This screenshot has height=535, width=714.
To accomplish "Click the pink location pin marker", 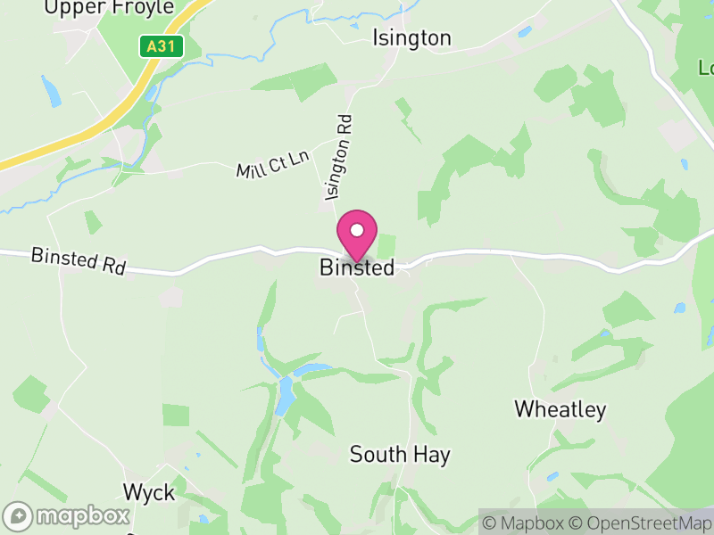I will coord(357,235).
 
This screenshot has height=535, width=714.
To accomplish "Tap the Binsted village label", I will coord(357,267).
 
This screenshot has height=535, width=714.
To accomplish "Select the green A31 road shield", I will coord(162,46).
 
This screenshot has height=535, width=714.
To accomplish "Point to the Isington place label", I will coord(411,38).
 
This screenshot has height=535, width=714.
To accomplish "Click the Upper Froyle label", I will coord(110,8).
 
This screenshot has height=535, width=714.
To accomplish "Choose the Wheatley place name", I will coord(560,410).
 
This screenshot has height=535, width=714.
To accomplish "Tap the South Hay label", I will coord(400,455).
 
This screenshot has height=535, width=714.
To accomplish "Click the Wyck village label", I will coord(149,492).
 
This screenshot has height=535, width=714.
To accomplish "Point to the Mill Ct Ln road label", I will coord(272,164).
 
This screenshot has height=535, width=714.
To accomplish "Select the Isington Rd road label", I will coord(339,156).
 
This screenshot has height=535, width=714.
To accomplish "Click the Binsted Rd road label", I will coord(79,260).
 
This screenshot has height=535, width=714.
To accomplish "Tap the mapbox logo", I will coord(68,515).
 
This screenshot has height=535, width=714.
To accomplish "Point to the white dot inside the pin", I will coord(357,230).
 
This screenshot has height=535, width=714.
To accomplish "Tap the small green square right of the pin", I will coord(386,247).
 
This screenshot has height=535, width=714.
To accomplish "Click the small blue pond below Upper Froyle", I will coord(51,91).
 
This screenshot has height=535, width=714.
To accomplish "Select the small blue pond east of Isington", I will coord(525,32).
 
